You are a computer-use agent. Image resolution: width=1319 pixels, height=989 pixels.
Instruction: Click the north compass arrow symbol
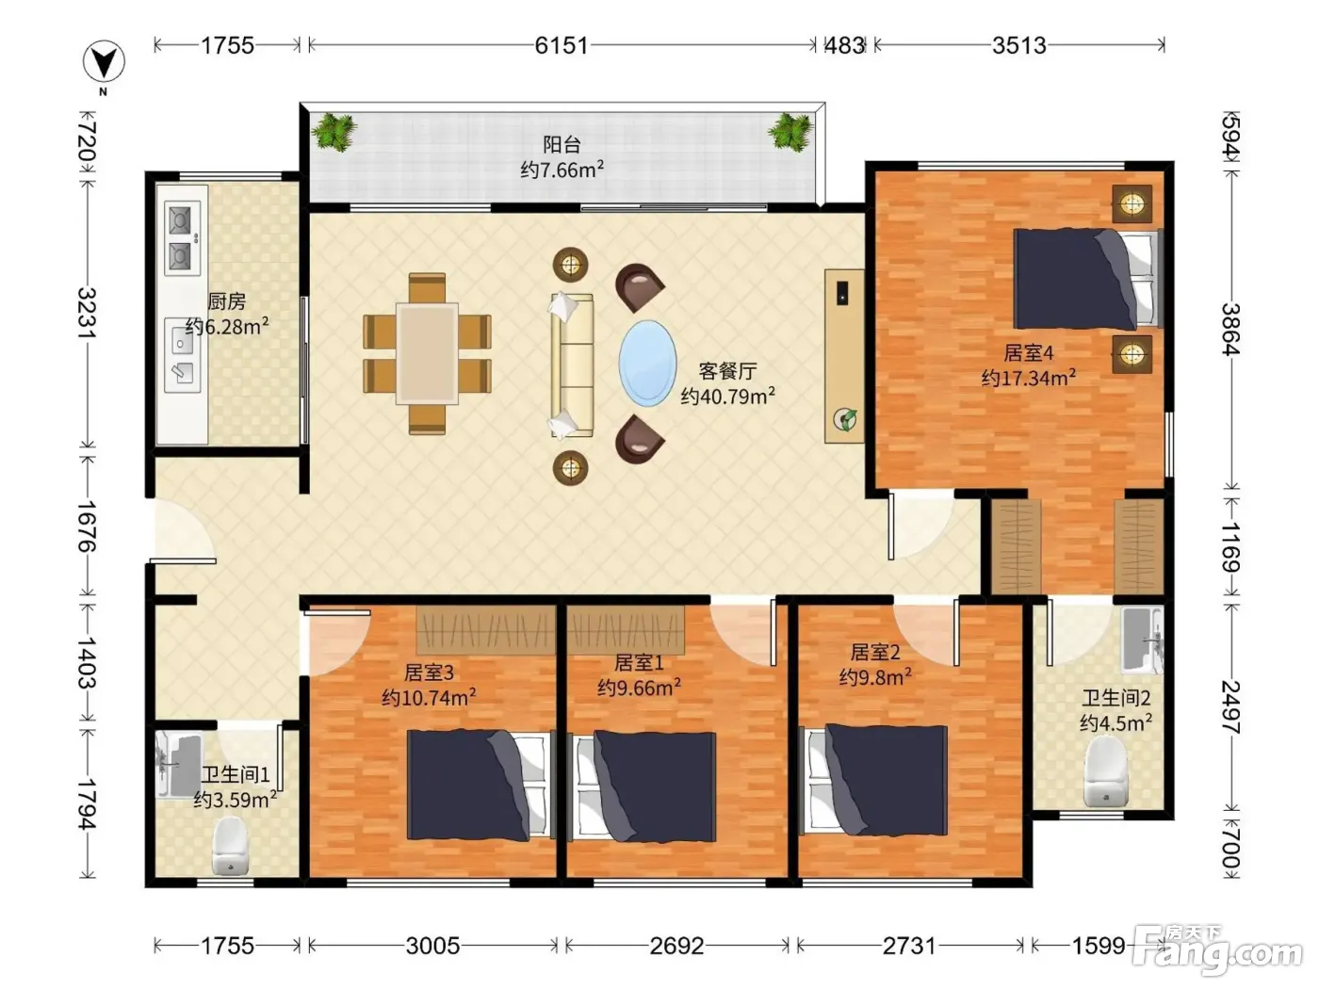tap(104, 62)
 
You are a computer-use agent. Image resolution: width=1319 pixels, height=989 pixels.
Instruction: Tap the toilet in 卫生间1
tap(231, 846)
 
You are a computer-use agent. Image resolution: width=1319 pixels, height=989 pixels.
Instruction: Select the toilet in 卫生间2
tap(1105, 770)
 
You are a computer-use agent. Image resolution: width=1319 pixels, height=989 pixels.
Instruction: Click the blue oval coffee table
tap(647, 364)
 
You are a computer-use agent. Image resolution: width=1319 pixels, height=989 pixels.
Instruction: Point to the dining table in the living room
tap(427, 354)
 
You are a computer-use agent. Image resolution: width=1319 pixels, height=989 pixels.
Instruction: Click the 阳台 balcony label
tap(562, 144)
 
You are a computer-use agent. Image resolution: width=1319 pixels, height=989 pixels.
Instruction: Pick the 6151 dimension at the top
tap(562, 45)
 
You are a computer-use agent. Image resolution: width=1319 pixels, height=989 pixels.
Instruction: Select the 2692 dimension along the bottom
tap(676, 946)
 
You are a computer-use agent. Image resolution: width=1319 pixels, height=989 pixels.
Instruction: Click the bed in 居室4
tap(1087, 279)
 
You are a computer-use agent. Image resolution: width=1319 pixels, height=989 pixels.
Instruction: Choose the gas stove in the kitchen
tap(182, 237)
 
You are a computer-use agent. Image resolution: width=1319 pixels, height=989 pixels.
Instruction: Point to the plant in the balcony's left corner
tap(334, 131)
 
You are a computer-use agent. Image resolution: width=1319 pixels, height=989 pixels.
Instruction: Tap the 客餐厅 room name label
tap(727, 371)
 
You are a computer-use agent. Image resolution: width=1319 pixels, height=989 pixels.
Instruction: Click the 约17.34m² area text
tap(1028, 378)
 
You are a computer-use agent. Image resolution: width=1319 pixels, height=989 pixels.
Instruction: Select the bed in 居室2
tap(873, 779)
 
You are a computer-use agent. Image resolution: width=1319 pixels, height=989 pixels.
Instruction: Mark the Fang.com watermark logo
tap(1218, 948)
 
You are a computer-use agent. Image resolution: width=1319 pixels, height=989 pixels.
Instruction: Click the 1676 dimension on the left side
tap(86, 526)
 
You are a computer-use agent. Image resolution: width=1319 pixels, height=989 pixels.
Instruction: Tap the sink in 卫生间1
tap(178, 765)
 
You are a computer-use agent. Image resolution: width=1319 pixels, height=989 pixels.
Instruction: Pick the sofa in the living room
tap(572, 365)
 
